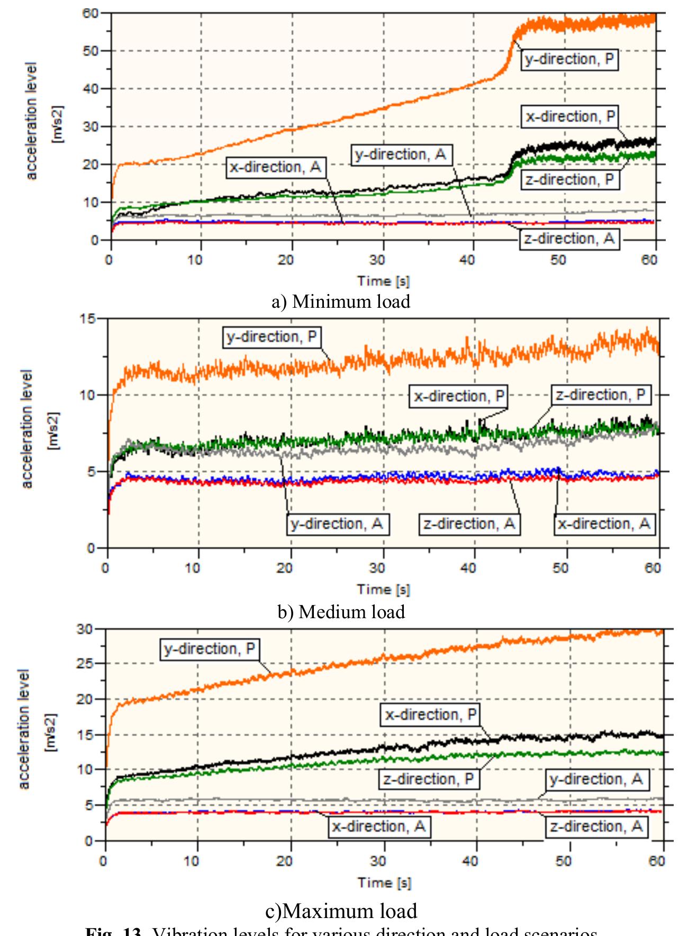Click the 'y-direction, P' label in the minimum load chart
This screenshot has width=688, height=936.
click(x=569, y=59)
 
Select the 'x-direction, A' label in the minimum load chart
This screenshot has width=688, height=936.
click(x=275, y=167)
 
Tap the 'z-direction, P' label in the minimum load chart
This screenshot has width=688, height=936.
click(x=569, y=180)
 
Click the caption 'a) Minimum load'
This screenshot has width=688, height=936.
click(x=341, y=301)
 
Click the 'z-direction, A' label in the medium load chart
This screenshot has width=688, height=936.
click(x=469, y=524)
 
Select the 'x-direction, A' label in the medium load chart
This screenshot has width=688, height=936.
click(x=604, y=524)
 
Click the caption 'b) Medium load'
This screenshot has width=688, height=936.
click(x=341, y=611)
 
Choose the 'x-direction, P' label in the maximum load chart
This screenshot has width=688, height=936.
click(x=431, y=715)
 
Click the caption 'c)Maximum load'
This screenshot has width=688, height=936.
click(x=341, y=911)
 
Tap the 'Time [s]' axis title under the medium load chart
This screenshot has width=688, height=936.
click(x=383, y=589)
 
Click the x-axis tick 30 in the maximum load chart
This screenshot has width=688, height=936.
click(x=378, y=861)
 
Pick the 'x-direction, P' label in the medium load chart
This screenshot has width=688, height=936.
click(x=459, y=396)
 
